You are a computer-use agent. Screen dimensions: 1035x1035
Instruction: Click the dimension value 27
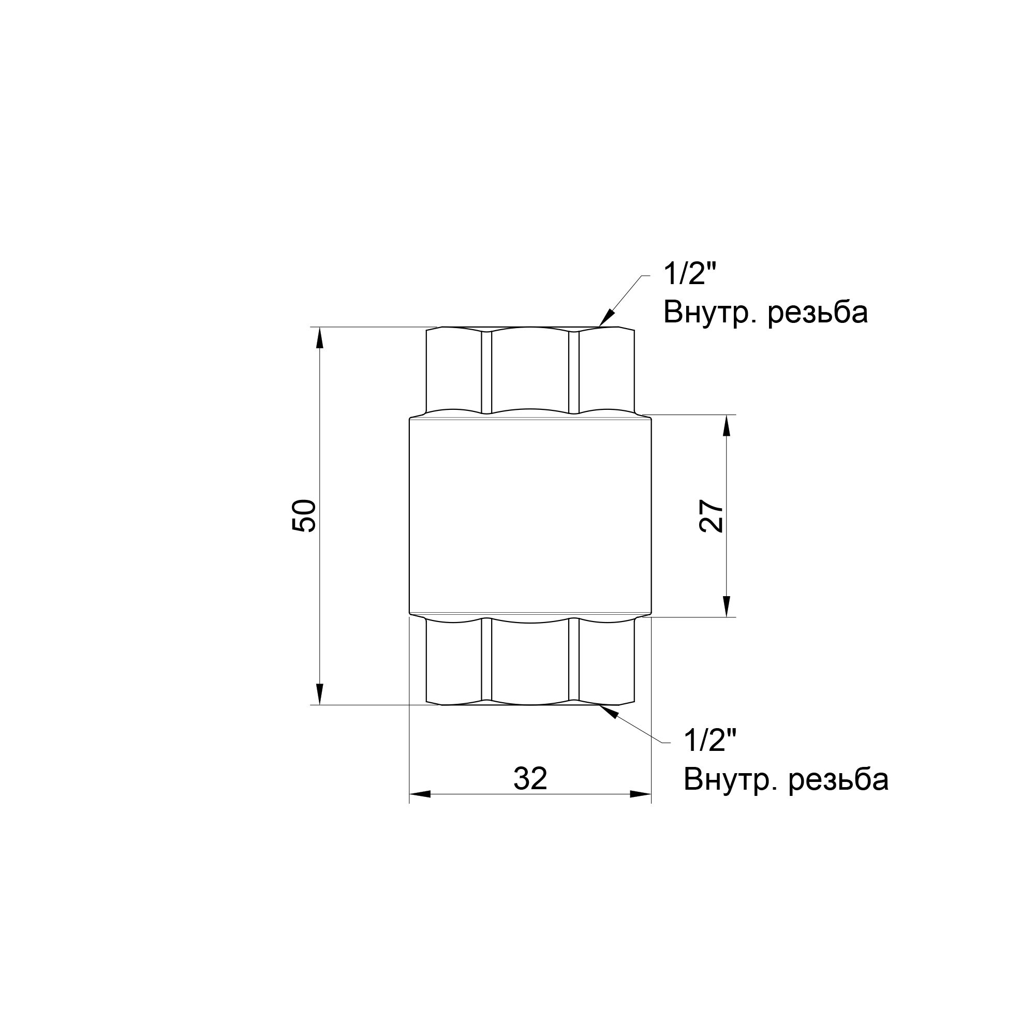(x=712, y=516)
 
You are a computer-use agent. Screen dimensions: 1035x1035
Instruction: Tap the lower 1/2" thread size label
(x=710, y=741)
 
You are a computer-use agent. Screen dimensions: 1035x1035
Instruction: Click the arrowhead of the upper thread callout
(x=606, y=319)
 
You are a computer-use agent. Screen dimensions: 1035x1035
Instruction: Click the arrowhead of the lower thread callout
(x=609, y=711)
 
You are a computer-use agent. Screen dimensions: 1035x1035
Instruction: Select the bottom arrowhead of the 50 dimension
(x=320, y=694)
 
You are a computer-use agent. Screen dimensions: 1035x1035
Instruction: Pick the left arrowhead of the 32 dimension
(x=420, y=794)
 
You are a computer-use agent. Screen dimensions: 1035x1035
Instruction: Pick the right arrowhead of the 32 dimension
(x=640, y=794)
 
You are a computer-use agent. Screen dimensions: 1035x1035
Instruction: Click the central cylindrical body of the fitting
(x=530, y=515)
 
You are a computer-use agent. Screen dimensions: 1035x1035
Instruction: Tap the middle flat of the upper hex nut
(x=530, y=369)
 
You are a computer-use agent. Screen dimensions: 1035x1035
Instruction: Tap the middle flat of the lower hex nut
(x=530, y=661)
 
